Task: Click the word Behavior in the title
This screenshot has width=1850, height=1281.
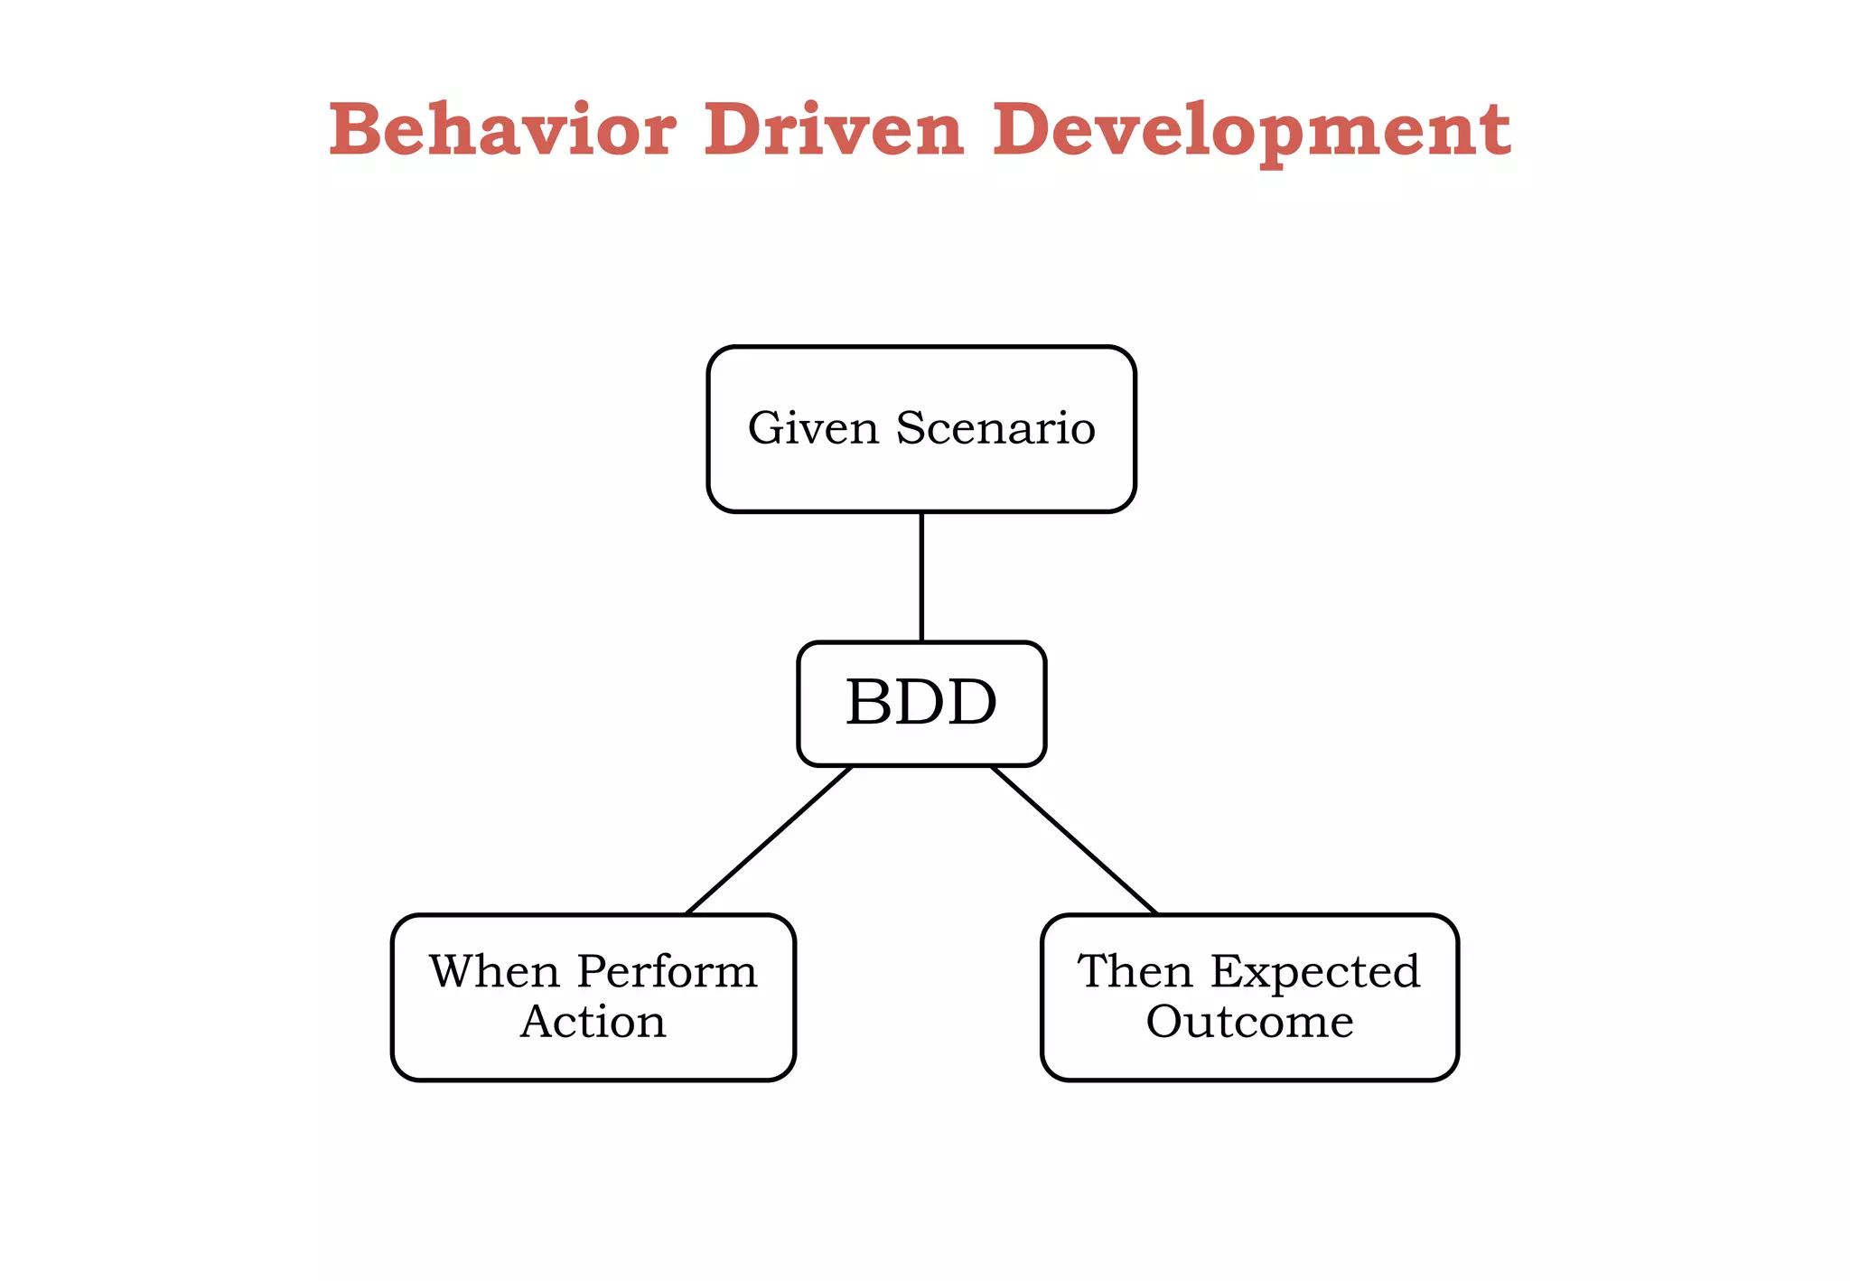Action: point(502,130)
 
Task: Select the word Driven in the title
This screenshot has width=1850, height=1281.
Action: point(834,130)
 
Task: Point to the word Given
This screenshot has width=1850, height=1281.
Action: point(813,428)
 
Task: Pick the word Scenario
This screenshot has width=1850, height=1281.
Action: point(995,428)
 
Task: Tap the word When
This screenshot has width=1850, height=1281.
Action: point(494,972)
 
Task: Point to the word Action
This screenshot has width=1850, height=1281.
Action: point(593,1022)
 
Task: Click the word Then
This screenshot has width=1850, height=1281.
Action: point(1135,972)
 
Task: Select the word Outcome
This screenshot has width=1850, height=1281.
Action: point(1250,1022)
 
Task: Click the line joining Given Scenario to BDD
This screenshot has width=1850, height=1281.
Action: point(921,576)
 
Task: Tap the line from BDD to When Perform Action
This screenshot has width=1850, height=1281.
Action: point(770,840)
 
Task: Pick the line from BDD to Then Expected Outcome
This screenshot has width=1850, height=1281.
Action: point(1074,840)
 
